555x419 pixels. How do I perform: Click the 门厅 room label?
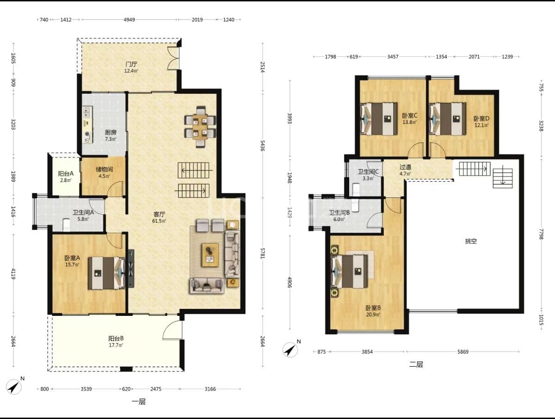[131, 64]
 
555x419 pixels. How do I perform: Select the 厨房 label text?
[111, 132]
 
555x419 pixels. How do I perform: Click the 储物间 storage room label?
[104, 169]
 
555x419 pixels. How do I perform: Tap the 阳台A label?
[66, 173]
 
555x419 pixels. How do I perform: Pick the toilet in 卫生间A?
[66, 225]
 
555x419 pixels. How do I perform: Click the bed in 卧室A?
[106, 273]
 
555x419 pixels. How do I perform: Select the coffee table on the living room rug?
[210, 255]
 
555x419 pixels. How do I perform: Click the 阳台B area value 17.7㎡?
[116, 345]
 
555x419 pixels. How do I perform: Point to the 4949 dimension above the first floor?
[129, 20]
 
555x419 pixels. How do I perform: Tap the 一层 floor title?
[139, 401]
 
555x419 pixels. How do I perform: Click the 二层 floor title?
[416, 364]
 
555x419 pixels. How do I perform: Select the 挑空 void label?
[471, 241]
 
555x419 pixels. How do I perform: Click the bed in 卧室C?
[378, 118]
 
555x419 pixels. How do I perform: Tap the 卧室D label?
[481, 118]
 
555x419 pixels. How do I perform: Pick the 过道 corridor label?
[405, 167]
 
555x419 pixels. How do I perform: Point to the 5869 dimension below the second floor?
[462, 352]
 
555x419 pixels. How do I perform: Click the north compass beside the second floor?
[291, 349]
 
